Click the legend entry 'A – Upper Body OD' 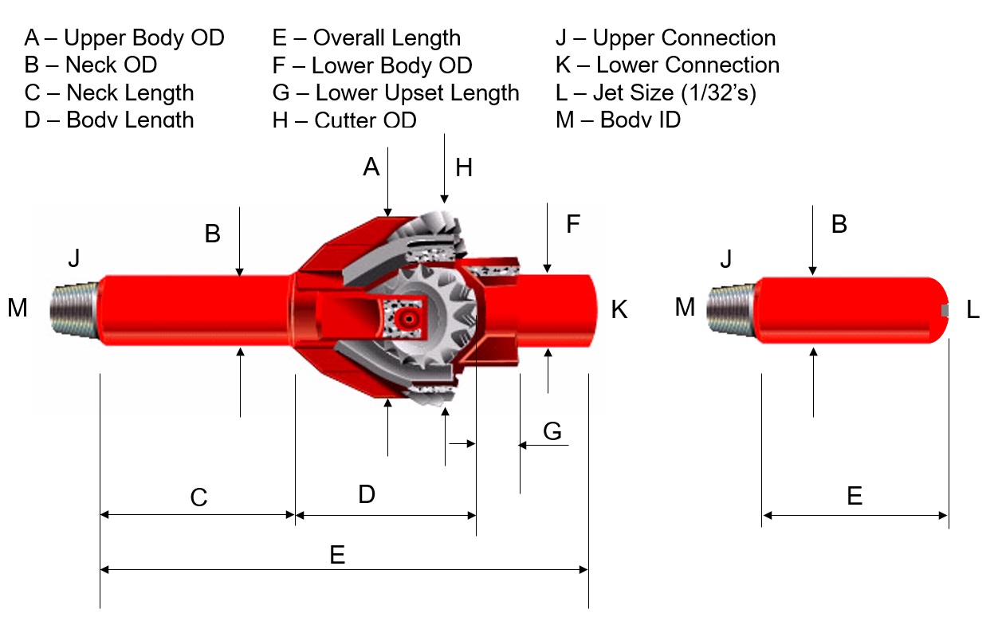(x=124, y=37)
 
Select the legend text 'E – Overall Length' (x=367, y=37)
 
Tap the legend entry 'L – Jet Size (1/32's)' (x=655, y=92)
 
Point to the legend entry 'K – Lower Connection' (x=667, y=65)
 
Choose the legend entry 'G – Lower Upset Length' (x=395, y=92)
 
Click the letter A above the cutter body (x=371, y=167)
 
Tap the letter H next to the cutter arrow (x=463, y=167)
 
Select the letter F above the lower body (x=572, y=224)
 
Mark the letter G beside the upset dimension (x=552, y=431)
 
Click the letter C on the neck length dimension (x=198, y=497)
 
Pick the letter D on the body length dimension (x=366, y=494)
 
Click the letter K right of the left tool (x=619, y=309)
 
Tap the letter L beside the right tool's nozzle (x=972, y=310)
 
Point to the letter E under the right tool (x=855, y=497)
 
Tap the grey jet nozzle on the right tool (x=945, y=310)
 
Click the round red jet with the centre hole (x=408, y=318)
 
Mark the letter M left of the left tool (x=18, y=307)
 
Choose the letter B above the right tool (x=839, y=224)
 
